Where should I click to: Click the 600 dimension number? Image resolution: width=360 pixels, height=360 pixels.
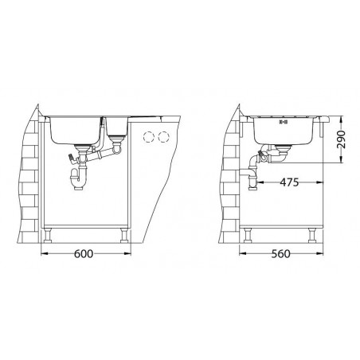click(x=84, y=254)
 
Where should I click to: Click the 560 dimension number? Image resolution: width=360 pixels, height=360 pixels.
click(x=281, y=254)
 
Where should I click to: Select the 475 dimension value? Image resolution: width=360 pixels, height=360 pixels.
click(x=289, y=182)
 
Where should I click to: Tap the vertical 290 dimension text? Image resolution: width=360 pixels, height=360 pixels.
click(x=341, y=139)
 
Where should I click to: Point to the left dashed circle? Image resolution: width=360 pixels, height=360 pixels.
click(x=149, y=137)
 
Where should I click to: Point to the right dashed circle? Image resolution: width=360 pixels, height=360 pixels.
click(x=163, y=137)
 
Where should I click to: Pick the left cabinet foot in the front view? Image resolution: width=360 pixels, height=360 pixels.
click(x=48, y=235)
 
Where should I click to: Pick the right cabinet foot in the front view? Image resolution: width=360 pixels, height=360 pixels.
click(x=124, y=235)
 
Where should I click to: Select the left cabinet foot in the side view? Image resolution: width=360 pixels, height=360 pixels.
click(x=248, y=235)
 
